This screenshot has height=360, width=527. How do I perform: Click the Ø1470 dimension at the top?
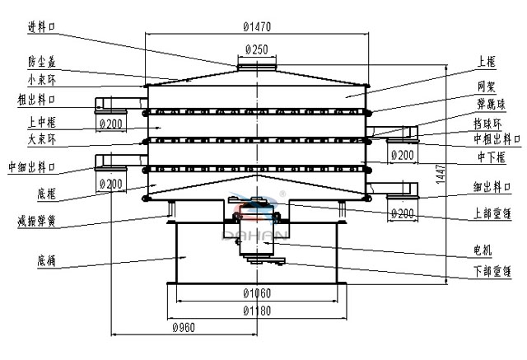pyautogui.click(x=258, y=26)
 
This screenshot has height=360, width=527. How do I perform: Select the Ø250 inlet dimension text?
pyautogui.click(x=256, y=49)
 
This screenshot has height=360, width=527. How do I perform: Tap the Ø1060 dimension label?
pyautogui.click(x=258, y=294)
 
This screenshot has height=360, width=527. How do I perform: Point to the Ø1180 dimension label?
pyautogui.click(x=258, y=310)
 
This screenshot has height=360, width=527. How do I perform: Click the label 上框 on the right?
pyautogui.click(x=486, y=62)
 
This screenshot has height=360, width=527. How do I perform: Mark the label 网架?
pyautogui.click(x=485, y=85)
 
